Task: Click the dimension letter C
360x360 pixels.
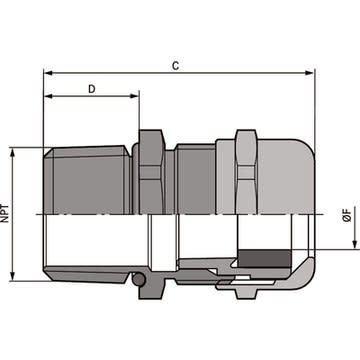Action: point(175,66)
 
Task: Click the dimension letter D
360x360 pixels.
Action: point(92,89)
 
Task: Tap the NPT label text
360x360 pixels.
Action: point(4,213)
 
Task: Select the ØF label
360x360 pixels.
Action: point(347,215)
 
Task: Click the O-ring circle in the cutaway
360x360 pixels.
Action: point(139,279)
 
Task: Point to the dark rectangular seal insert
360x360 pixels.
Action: point(265,258)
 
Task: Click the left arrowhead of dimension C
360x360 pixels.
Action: point(48,73)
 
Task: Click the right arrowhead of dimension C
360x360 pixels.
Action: point(309,73)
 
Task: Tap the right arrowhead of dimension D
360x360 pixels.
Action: point(134,96)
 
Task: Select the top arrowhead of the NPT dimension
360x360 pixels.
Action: point(13,153)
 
